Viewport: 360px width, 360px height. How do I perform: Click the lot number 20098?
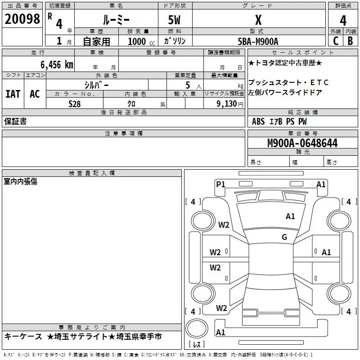tap(22, 19)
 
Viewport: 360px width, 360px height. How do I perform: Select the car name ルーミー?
tap(116, 20)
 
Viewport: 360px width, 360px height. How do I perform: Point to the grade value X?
tap(258, 20)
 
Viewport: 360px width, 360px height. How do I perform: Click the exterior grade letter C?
tap(335, 40)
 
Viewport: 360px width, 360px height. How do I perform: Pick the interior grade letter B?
tap(350, 40)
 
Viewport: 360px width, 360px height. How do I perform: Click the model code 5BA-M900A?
tap(258, 41)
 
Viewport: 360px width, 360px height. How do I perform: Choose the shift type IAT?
tap(13, 94)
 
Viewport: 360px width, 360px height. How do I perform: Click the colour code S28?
tap(75, 103)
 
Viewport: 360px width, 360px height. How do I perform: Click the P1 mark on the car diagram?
tap(220, 184)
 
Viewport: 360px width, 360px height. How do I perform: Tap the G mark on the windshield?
tap(284, 237)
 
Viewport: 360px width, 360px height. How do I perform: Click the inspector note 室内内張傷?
tap(21, 181)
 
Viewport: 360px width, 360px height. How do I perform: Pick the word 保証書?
tap(15, 121)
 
